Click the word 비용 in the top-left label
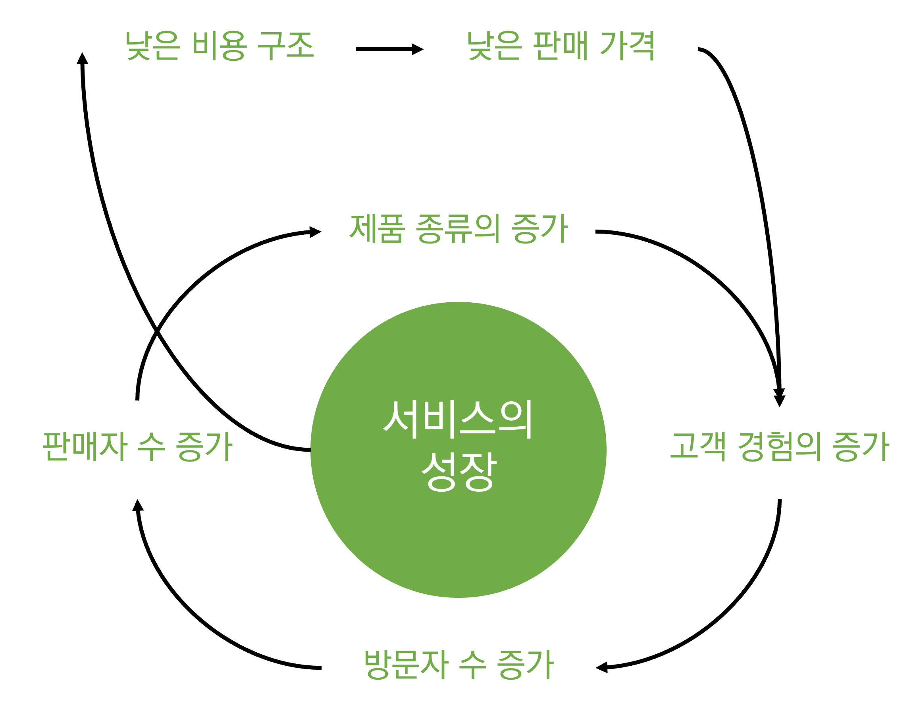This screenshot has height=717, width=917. (219, 46)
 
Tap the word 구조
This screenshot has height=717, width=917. (285, 46)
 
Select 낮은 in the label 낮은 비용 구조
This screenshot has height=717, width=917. (153, 46)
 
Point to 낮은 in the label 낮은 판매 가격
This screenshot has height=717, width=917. (495, 46)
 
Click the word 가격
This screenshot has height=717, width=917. (627, 46)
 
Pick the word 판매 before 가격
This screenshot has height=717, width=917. (561, 46)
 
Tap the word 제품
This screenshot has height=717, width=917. (377, 229)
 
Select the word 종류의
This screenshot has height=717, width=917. (458, 229)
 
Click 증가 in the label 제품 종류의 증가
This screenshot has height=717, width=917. (540, 229)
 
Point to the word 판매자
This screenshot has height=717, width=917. (85, 446)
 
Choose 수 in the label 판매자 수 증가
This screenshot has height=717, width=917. (152, 446)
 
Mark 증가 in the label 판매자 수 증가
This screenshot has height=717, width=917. (204, 446)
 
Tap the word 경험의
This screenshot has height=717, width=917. (779, 446)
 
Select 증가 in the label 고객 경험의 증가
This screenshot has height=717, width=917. (861, 446)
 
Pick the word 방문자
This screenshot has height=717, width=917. (406, 665)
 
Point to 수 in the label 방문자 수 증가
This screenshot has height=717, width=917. (472, 665)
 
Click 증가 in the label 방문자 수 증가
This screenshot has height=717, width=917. (525, 665)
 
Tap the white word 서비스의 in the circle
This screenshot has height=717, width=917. (458, 419)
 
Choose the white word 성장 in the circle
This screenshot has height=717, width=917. (458, 472)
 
